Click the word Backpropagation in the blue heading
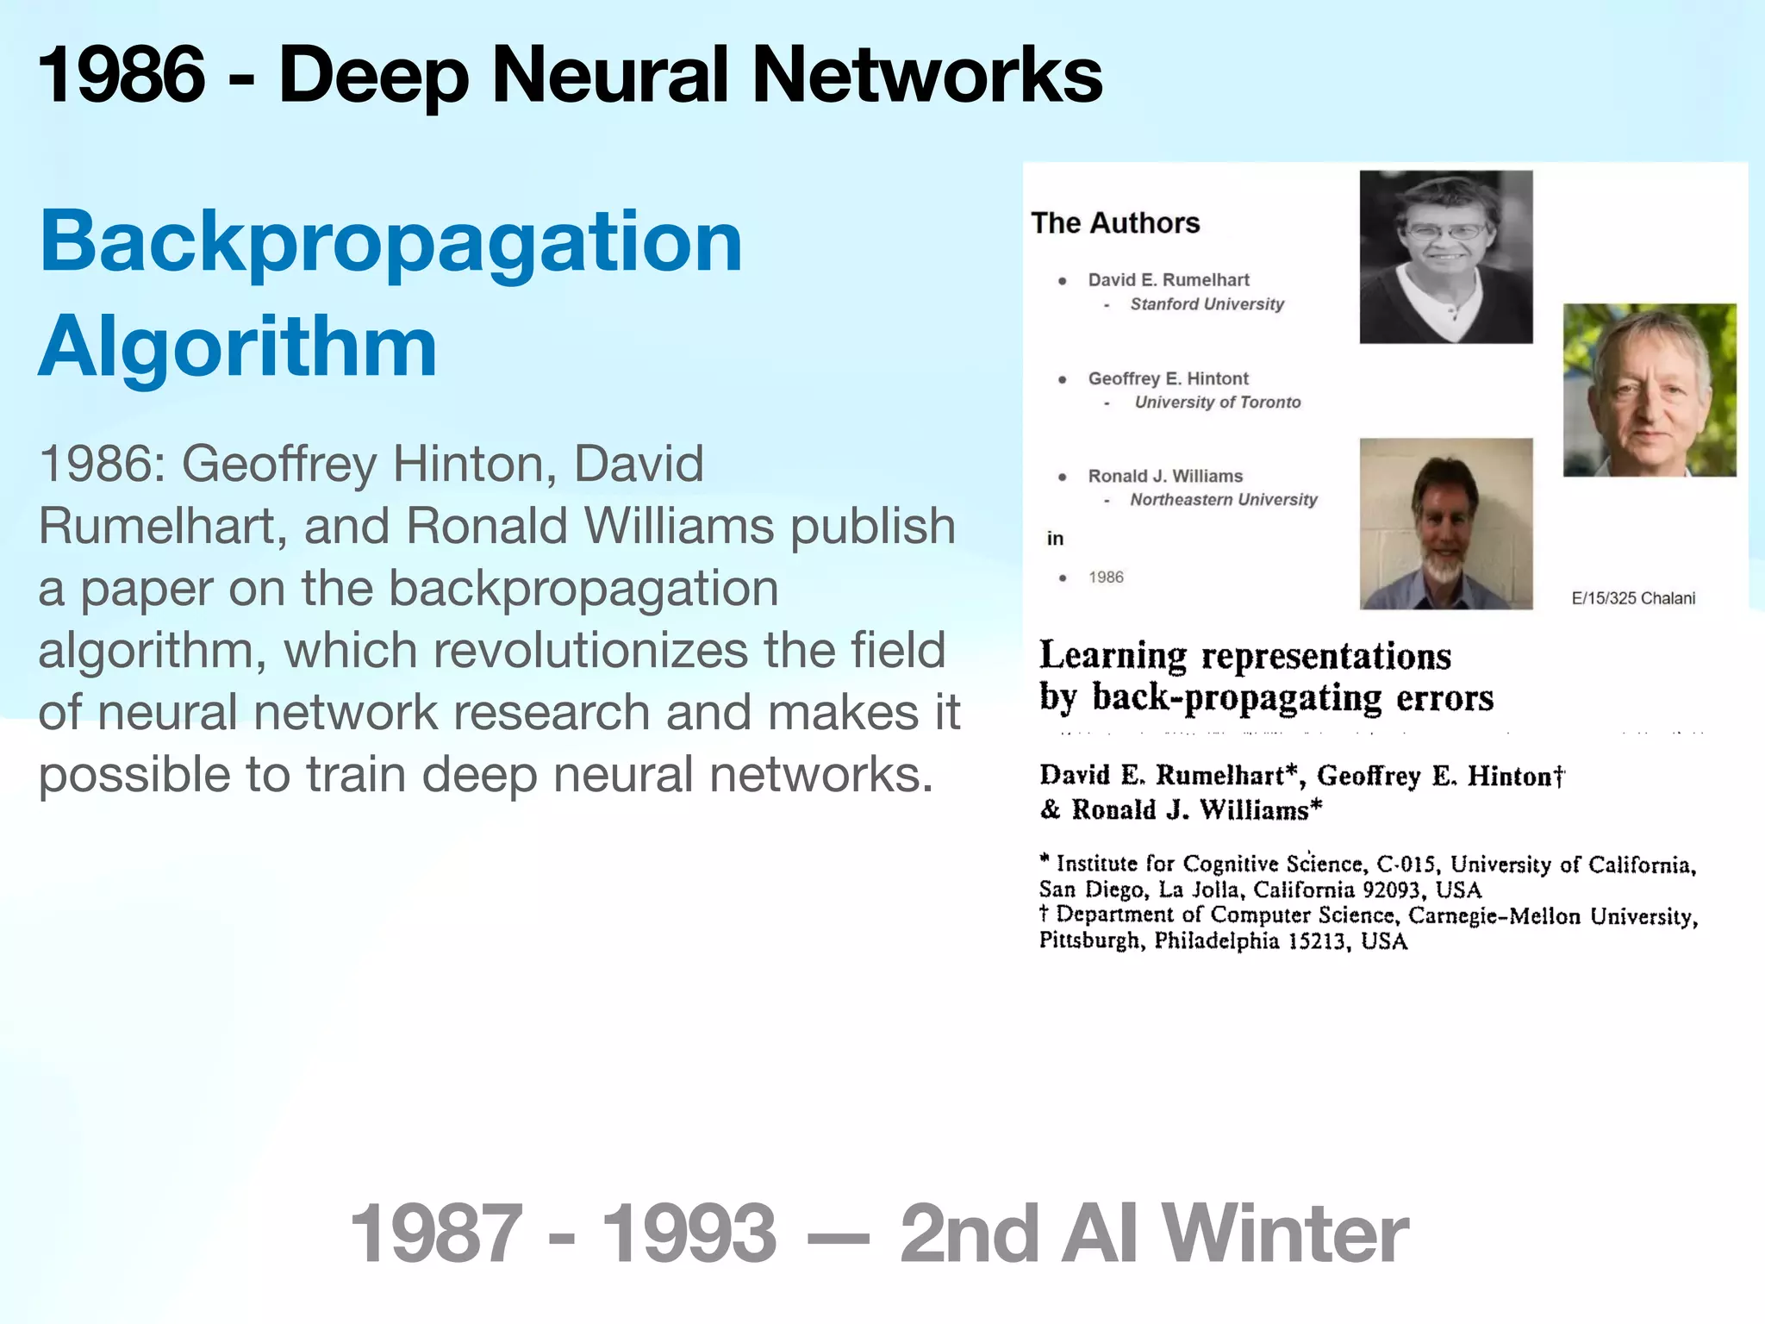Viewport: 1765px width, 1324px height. tap(390, 243)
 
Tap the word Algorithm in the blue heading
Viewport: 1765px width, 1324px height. tap(238, 347)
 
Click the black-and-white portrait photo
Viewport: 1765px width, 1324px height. tap(1445, 257)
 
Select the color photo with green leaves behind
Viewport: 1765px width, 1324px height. tap(1650, 390)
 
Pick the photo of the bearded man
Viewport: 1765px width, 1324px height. tap(1445, 523)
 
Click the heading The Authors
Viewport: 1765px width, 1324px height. tap(1115, 223)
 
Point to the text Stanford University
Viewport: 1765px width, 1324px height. tap(1207, 304)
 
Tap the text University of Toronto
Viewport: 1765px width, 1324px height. tap(1217, 403)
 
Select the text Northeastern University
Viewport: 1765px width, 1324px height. tap(1224, 500)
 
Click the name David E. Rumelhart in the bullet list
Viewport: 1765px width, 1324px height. tap(1168, 280)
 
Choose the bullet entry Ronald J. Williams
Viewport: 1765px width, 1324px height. tap(1165, 477)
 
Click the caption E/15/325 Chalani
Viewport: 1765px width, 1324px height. tap(1633, 598)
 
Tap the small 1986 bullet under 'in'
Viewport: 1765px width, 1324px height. tap(1106, 578)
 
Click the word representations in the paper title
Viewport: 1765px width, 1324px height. tap(1326, 657)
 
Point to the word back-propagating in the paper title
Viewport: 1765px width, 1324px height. tap(1237, 698)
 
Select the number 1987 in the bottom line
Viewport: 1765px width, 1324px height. tap(436, 1234)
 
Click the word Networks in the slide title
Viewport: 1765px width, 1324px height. tap(927, 76)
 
